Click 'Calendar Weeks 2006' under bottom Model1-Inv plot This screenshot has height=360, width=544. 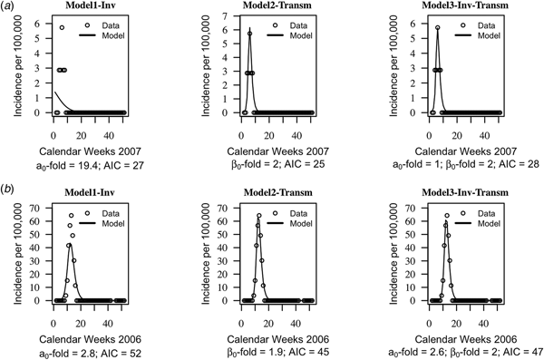click(x=87, y=336)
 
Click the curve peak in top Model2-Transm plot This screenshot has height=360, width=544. click(x=250, y=31)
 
